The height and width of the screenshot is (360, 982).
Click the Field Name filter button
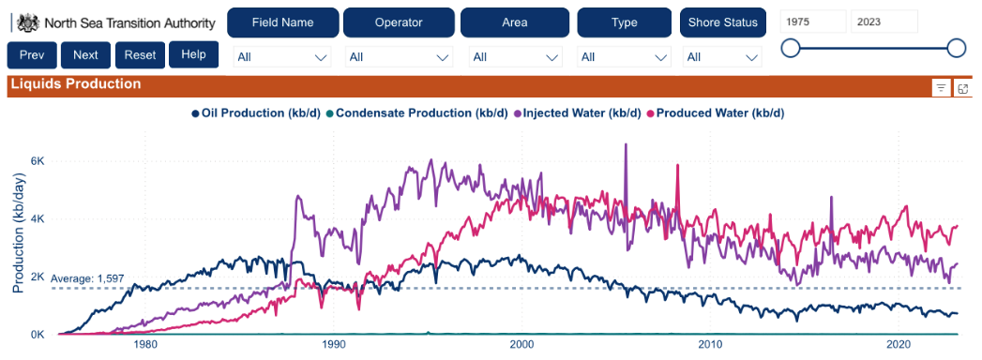coord(282,22)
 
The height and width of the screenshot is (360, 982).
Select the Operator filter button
coord(399,22)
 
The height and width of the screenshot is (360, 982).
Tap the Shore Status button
coord(722,22)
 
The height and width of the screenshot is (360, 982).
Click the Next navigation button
coord(85,55)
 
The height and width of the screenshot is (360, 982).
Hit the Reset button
coord(140,55)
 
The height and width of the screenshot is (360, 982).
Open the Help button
coord(193,54)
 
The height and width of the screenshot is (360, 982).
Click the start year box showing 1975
coord(812,22)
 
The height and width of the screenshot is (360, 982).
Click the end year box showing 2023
coord(884,22)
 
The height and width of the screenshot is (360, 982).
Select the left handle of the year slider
coord(791,48)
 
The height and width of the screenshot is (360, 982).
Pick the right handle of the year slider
coord(957,48)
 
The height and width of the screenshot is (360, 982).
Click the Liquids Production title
coord(75,84)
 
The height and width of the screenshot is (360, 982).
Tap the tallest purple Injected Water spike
coord(625,146)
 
